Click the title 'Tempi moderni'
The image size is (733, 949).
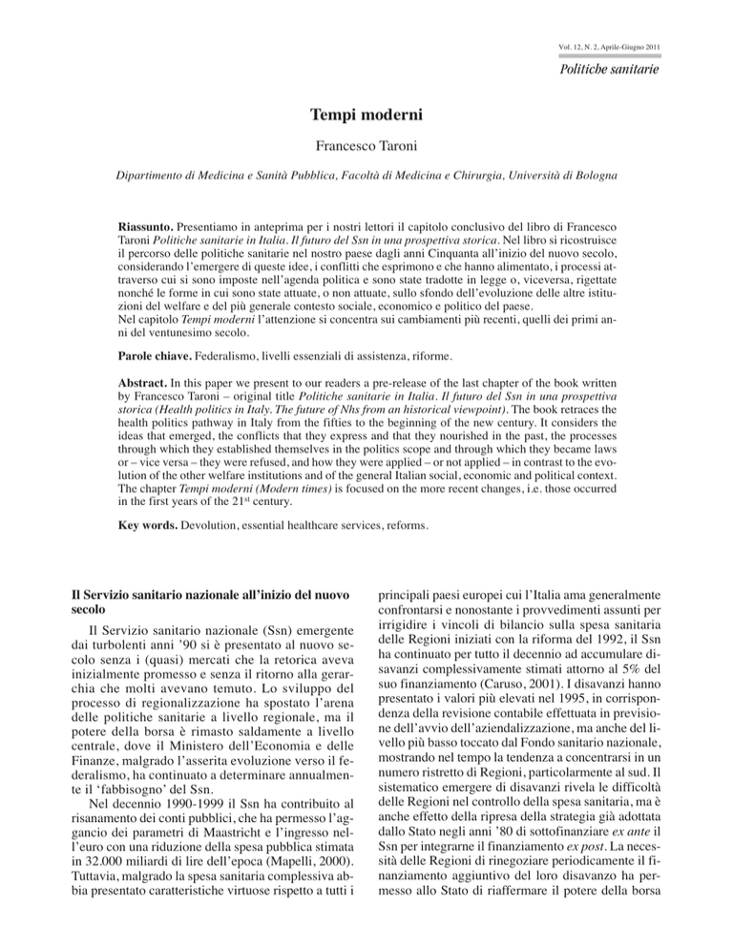click(x=366, y=118)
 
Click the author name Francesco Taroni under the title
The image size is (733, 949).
click(x=366, y=151)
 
